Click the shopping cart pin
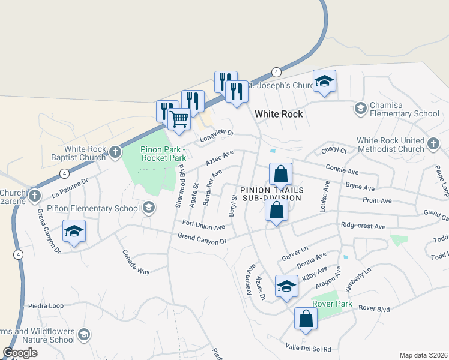[179, 119]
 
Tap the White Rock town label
[278, 113]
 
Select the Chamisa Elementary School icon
[361, 108]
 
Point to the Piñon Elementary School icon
[148, 208]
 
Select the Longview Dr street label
[216, 136]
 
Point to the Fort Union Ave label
[203, 225]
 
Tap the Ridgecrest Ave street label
[363, 227]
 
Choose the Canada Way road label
[136, 262]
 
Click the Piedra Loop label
[46, 305]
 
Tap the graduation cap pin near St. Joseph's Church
[324, 81]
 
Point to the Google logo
[20, 353]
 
